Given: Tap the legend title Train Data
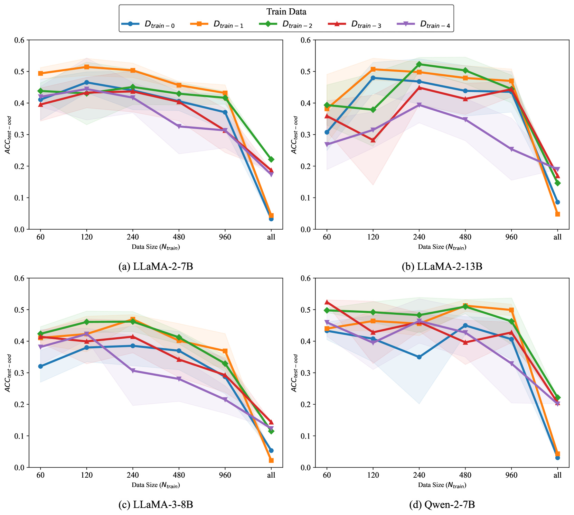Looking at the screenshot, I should pos(286,12).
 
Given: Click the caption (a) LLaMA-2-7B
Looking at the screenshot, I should pos(156,266).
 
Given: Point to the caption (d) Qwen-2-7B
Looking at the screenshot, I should pos(442,505).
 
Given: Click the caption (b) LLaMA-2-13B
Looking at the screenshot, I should pos(442,266).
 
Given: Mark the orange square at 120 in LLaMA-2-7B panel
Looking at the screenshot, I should pos(87,67).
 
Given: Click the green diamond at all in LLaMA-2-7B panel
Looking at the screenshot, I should pos(271,159).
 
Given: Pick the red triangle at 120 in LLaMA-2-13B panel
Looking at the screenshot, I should pos(373,140).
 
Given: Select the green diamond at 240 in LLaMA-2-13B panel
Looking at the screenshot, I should pos(419,64).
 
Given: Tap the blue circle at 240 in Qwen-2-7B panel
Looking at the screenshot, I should pos(419,357).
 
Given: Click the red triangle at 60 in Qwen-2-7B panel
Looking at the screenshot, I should pos(327,302).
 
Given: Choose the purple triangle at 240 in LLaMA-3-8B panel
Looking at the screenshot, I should pos(133,371).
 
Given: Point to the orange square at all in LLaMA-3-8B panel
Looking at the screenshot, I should pos(271,460).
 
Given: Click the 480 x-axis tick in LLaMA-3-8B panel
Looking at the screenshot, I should pos(179,475).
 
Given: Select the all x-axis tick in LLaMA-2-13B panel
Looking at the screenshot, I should pos(557,237).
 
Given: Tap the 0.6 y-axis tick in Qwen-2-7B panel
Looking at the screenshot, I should pos(306,278).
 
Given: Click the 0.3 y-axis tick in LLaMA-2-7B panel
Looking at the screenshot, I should pos(20,135).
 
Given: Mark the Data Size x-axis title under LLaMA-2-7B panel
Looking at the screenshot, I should pos(156,247).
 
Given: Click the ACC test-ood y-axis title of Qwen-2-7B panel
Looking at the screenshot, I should pos(294,373).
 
